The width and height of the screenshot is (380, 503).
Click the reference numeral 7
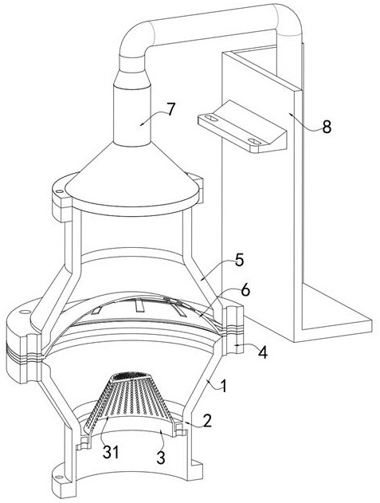point(170,110)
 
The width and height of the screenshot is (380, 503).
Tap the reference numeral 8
point(327,128)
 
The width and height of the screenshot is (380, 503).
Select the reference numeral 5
point(239,260)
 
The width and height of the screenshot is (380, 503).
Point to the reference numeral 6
point(245,291)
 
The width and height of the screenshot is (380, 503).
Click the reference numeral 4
point(262,352)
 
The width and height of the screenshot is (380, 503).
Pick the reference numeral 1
point(224,386)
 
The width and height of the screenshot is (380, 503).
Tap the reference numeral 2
point(207,421)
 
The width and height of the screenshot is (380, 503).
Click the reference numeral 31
point(111,452)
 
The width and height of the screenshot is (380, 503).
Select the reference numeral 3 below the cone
point(161,457)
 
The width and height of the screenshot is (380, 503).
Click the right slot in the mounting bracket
point(254,141)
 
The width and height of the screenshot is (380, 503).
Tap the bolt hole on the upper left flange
point(59,191)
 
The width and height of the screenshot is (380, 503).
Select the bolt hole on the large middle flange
point(25,312)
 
